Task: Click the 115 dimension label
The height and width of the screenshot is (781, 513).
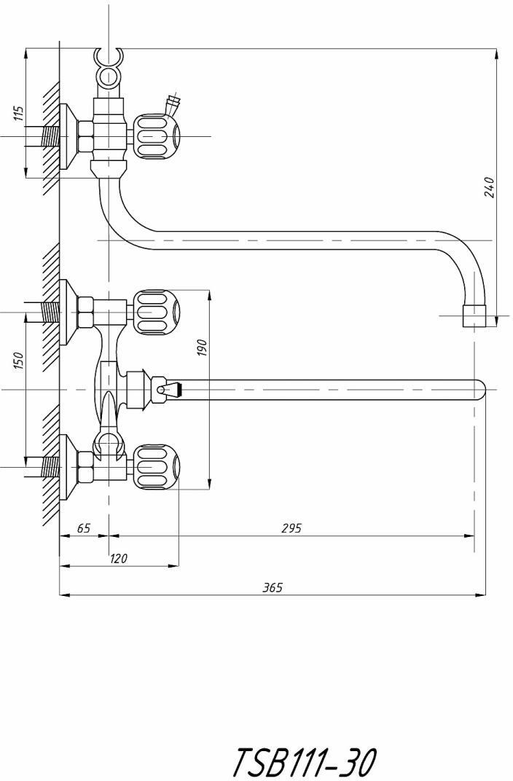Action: tap(18, 114)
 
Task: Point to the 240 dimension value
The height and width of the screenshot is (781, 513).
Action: tap(490, 187)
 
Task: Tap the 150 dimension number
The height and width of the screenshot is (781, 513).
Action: tap(18, 361)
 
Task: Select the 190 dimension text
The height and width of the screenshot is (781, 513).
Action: tap(202, 348)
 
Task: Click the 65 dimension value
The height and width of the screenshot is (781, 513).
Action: tap(85, 527)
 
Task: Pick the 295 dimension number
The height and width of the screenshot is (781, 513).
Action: tap(291, 527)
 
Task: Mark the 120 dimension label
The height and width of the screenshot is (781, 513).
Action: tap(118, 558)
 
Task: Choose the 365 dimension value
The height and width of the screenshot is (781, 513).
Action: tap(273, 587)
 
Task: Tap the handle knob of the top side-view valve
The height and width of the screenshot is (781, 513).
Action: tap(155, 136)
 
